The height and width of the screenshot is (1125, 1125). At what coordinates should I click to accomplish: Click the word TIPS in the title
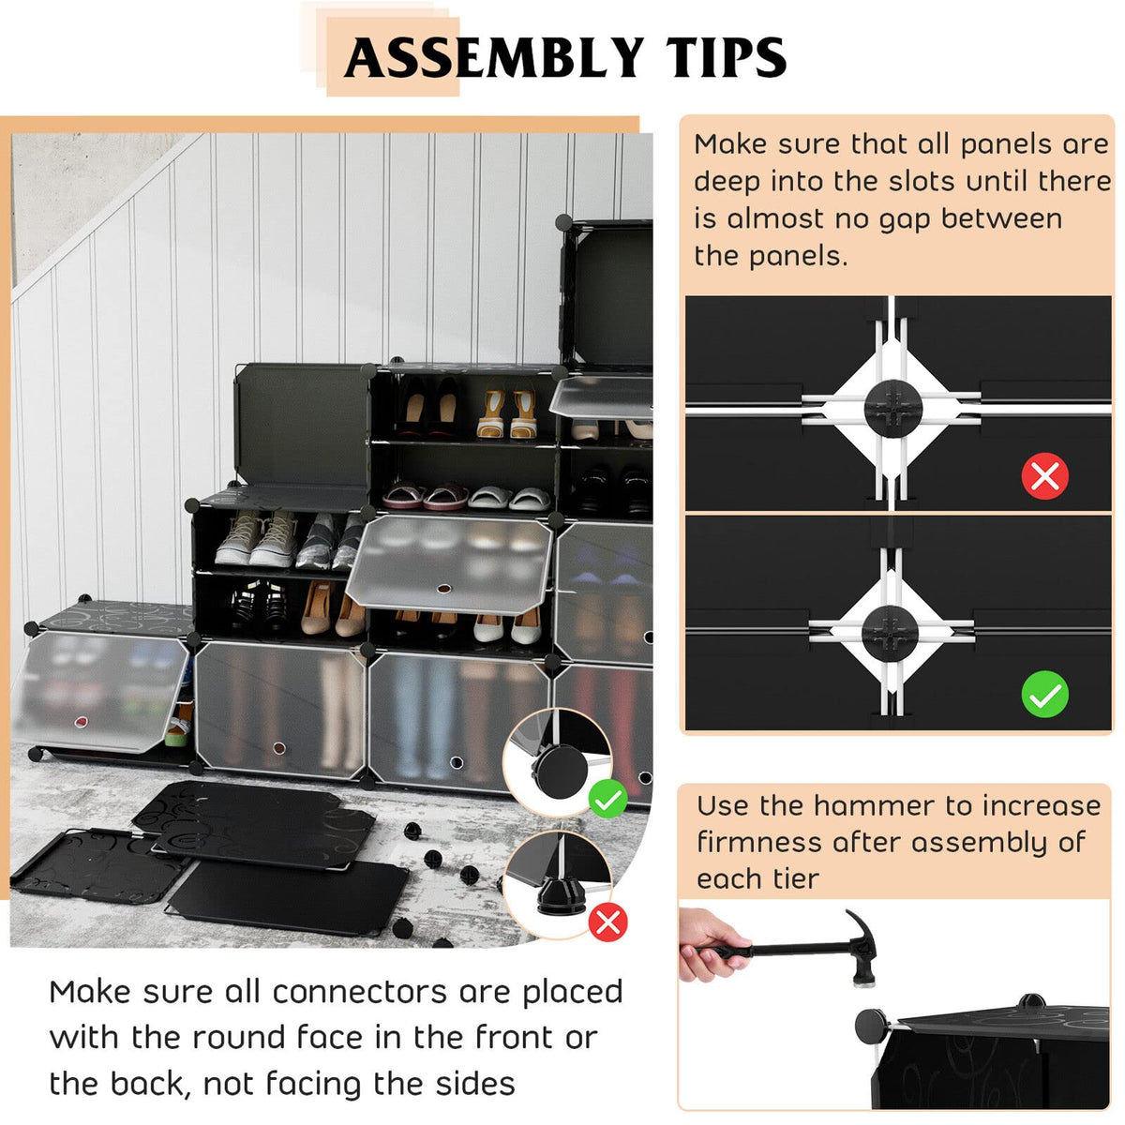click(x=727, y=58)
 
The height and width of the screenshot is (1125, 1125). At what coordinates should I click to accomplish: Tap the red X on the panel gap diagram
click(x=1044, y=476)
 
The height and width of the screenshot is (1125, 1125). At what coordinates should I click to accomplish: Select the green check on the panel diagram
click(x=1044, y=695)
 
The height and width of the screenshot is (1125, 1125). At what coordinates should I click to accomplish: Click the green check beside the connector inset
click(x=608, y=799)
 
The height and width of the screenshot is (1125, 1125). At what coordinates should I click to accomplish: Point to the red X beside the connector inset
click(x=607, y=922)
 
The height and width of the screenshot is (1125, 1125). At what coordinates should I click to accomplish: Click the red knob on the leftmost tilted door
click(x=82, y=722)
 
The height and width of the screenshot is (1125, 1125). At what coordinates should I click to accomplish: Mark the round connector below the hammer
click(x=872, y=1026)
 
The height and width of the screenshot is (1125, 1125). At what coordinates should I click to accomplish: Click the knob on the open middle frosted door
click(x=443, y=589)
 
